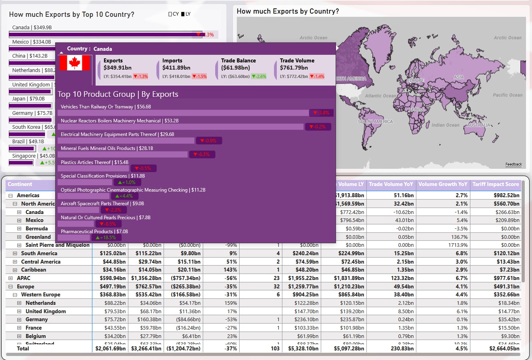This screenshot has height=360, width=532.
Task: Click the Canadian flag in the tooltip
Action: [74, 63]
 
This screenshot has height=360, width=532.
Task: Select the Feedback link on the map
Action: [514, 164]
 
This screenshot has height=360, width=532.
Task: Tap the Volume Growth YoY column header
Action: [443, 184]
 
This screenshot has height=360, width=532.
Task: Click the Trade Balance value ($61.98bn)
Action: [236, 68]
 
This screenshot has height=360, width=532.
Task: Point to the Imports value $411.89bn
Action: [176, 68]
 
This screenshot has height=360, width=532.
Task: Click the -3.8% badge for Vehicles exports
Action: [321, 113]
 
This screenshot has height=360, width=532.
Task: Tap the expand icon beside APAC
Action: [10, 278]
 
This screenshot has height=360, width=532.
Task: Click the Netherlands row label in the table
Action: [40, 303]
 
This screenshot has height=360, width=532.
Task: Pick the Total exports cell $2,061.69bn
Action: [110, 348]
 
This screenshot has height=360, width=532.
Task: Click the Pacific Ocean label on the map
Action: [508, 95]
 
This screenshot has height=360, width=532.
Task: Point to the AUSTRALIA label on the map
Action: [479, 125]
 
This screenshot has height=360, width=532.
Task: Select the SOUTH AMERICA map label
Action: [375, 122]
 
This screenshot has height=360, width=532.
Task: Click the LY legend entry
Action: [186, 14]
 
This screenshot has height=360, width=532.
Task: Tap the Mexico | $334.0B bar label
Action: [32, 42]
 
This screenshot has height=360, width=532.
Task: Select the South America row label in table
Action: [39, 253]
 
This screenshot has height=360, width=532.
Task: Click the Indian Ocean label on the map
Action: [446, 125]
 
